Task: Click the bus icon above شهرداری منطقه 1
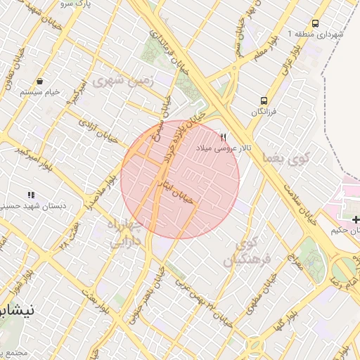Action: (315, 23)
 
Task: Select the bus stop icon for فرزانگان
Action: (264, 101)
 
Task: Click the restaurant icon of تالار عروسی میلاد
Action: (224, 137)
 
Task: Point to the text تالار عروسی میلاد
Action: (224, 148)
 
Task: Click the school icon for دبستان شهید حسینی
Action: (30, 194)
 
